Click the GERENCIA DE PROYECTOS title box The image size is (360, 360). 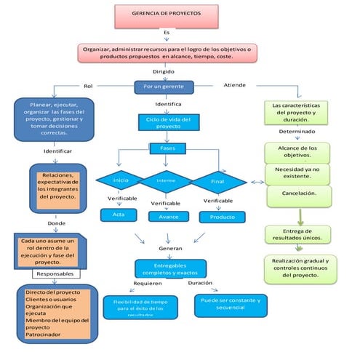point(167,14)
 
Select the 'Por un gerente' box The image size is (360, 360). point(164,87)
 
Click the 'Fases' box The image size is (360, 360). point(168,148)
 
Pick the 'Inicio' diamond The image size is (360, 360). point(121,180)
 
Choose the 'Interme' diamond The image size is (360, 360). point(167,180)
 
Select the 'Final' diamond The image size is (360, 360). point(217,180)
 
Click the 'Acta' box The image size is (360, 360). point(119,215)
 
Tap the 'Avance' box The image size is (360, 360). point(168,216)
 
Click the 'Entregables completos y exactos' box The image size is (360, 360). point(170,268)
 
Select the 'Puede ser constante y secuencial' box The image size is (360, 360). point(231,304)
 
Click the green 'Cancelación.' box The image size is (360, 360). point(298,193)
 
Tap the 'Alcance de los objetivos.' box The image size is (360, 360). point(298,151)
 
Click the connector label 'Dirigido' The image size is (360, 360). point(164,71)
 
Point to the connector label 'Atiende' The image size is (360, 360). point(234,85)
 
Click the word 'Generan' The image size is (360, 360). point(169,248)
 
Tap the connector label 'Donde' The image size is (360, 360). point(46,223)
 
